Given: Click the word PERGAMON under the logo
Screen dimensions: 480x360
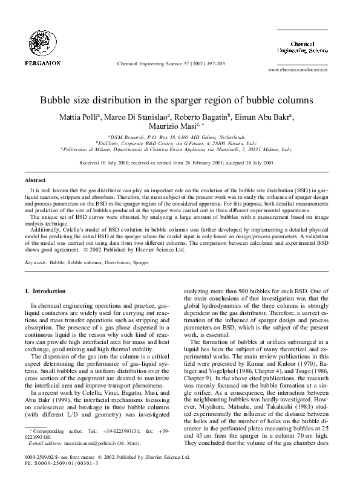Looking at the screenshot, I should click(x=42, y=62).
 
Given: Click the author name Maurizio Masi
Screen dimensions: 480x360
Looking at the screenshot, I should click(x=179, y=128).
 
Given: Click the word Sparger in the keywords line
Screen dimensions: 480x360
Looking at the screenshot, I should click(x=157, y=264).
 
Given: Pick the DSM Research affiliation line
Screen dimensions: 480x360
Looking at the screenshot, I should click(x=180, y=138).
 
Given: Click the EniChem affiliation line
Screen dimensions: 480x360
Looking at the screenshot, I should click(x=180, y=144).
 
